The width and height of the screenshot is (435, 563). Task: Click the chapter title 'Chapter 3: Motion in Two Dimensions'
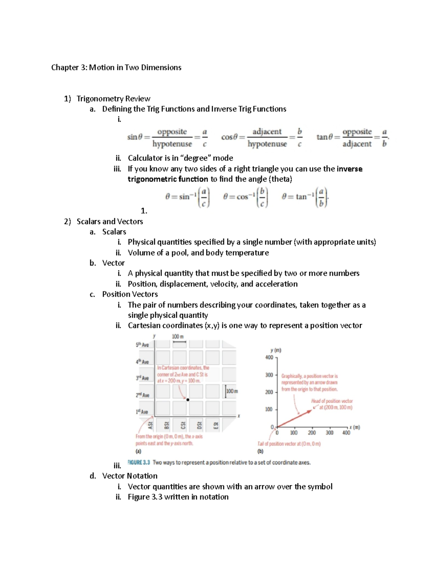pyautogui.click(x=116, y=67)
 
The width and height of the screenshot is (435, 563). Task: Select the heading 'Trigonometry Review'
pyautogui.click(x=113, y=99)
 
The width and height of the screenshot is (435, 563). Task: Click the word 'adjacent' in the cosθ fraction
pyautogui.click(x=267, y=132)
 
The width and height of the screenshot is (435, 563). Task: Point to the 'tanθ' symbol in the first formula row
pyautogui.click(x=323, y=137)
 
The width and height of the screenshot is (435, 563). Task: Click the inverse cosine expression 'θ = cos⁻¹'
pyautogui.click(x=236, y=197)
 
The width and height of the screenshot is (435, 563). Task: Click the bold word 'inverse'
pyautogui.click(x=349, y=169)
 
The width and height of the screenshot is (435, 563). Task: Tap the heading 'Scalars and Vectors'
pyautogui.click(x=109, y=222)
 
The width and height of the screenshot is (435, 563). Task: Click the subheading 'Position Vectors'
pyautogui.click(x=130, y=294)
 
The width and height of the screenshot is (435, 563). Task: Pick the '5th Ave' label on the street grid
pyautogui.click(x=142, y=345)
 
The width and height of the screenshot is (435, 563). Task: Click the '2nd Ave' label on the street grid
pyautogui.click(x=142, y=395)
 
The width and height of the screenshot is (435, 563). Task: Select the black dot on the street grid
pyautogui.click(x=188, y=400)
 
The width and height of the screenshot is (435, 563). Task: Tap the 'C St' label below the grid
pyautogui.click(x=183, y=424)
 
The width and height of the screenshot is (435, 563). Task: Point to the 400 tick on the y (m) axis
pyautogui.click(x=269, y=357)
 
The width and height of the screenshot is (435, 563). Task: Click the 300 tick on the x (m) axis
pyautogui.click(x=329, y=433)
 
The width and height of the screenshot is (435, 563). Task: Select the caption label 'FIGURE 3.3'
pyautogui.click(x=139, y=463)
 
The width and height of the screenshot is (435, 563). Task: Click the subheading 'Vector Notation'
pyautogui.click(x=130, y=476)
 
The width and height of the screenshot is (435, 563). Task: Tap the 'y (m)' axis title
pyautogui.click(x=275, y=350)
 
